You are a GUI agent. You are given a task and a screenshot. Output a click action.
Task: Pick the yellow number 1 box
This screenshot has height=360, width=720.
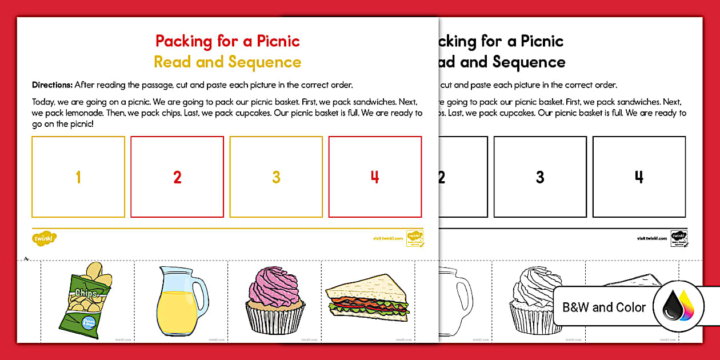click(78, 177)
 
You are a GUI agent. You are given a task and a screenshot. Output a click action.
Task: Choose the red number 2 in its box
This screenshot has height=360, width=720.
click(177, 177)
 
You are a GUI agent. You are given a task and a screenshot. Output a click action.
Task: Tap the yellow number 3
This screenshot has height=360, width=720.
click(276, 177)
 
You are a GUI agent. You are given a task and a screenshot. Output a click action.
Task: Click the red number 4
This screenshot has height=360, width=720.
click(375, 177)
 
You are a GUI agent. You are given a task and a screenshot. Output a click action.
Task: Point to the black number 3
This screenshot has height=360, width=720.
click(540, 177)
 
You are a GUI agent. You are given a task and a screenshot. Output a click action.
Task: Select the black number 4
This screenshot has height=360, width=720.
click(639, 177)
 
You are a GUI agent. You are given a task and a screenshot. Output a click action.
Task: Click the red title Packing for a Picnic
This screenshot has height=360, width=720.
click(227, 41)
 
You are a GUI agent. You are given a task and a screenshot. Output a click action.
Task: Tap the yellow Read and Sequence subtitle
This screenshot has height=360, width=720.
click(227, 62)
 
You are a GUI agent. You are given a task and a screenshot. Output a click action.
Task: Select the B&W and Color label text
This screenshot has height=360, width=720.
click(604, 307)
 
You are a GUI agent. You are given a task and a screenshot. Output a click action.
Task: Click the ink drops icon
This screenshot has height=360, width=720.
click(678, 307)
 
